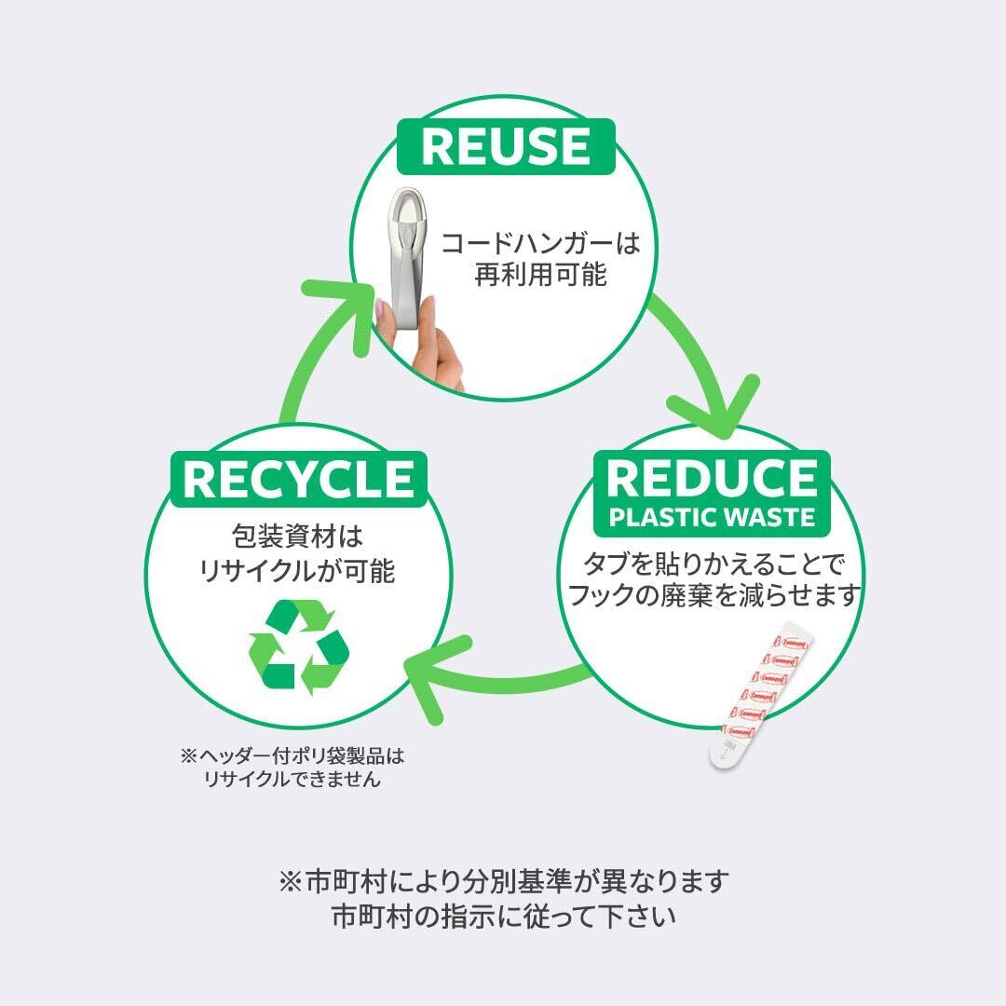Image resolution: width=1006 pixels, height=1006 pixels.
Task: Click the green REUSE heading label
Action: tap(505, 146)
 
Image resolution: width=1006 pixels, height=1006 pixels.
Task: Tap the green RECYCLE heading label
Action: tap(298, 479)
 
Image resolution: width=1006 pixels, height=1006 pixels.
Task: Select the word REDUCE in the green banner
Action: tap(711, 477)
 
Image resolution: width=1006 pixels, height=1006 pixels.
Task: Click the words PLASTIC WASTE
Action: tap(712, 517)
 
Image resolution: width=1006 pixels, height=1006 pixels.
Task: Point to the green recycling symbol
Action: tap(298, 647)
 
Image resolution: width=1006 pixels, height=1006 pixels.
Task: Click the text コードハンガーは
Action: tap(541, 244)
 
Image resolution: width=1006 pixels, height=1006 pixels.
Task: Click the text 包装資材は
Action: tap(297, 537)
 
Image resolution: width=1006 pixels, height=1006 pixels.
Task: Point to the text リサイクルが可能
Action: tap(297, 570)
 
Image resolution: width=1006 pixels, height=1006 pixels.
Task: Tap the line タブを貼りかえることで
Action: tap(712, 564)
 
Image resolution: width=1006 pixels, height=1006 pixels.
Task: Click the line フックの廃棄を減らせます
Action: tap(712, 595)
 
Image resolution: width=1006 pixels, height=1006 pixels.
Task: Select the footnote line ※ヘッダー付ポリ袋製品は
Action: tap(293, 755)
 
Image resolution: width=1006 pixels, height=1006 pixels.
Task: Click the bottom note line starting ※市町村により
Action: tap(503, 880)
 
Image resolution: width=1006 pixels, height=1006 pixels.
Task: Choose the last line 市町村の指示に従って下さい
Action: tap(503, 916)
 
